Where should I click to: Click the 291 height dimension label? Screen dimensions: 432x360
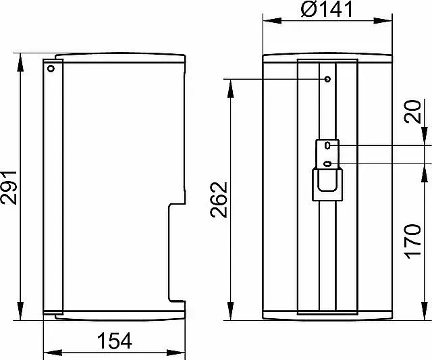click(9, 188)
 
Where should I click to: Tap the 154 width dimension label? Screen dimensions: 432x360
click(115, 341)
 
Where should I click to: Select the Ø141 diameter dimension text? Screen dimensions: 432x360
click(327, 9)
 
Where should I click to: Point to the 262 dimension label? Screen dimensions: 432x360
click(219, 200)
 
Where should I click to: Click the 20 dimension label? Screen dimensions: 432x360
click(412, 111)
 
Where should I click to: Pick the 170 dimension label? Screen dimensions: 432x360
click(412, 242)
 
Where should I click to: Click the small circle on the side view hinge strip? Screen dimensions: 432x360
click(51, 68)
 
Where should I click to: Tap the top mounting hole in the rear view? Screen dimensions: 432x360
click(327, 80)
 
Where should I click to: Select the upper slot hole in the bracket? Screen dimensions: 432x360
click(327, 145)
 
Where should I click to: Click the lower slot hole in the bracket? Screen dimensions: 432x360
click(327, 164)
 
